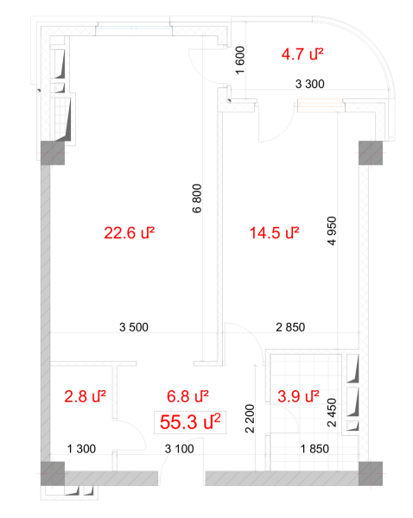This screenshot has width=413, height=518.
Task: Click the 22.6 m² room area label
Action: tap(130, 233)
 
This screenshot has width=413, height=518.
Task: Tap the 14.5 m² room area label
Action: tap(275, 233)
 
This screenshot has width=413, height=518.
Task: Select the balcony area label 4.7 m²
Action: tap(302, 54)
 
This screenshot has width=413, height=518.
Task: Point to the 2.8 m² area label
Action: tap(85, 396)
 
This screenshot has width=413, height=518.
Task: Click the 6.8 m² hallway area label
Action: tap(187, 396)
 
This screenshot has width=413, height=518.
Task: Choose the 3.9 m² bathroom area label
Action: tap(298, 396)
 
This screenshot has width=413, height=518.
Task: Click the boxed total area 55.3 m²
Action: tap(190, 422)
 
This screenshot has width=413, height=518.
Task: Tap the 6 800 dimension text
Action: tap(197, 199)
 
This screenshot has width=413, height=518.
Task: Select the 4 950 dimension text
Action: tap(332, 231)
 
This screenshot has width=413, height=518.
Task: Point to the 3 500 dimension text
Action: tap(134, 327)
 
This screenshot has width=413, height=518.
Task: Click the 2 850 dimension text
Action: tap(290, 327)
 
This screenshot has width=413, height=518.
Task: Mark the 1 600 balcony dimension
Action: tap(240, 60)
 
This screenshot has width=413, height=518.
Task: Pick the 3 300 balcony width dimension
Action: tap(310, 84)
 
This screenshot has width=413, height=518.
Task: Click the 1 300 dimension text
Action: tap(81, 449)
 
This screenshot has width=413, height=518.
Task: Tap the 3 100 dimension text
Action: tap(179, 449)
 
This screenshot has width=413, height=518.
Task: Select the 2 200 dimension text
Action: tap(250, 419)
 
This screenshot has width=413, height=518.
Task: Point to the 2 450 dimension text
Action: tap(332, 413)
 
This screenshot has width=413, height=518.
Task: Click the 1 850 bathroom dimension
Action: tap(315, 449)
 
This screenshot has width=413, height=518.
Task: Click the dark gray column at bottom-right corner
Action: tap(371, 473)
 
